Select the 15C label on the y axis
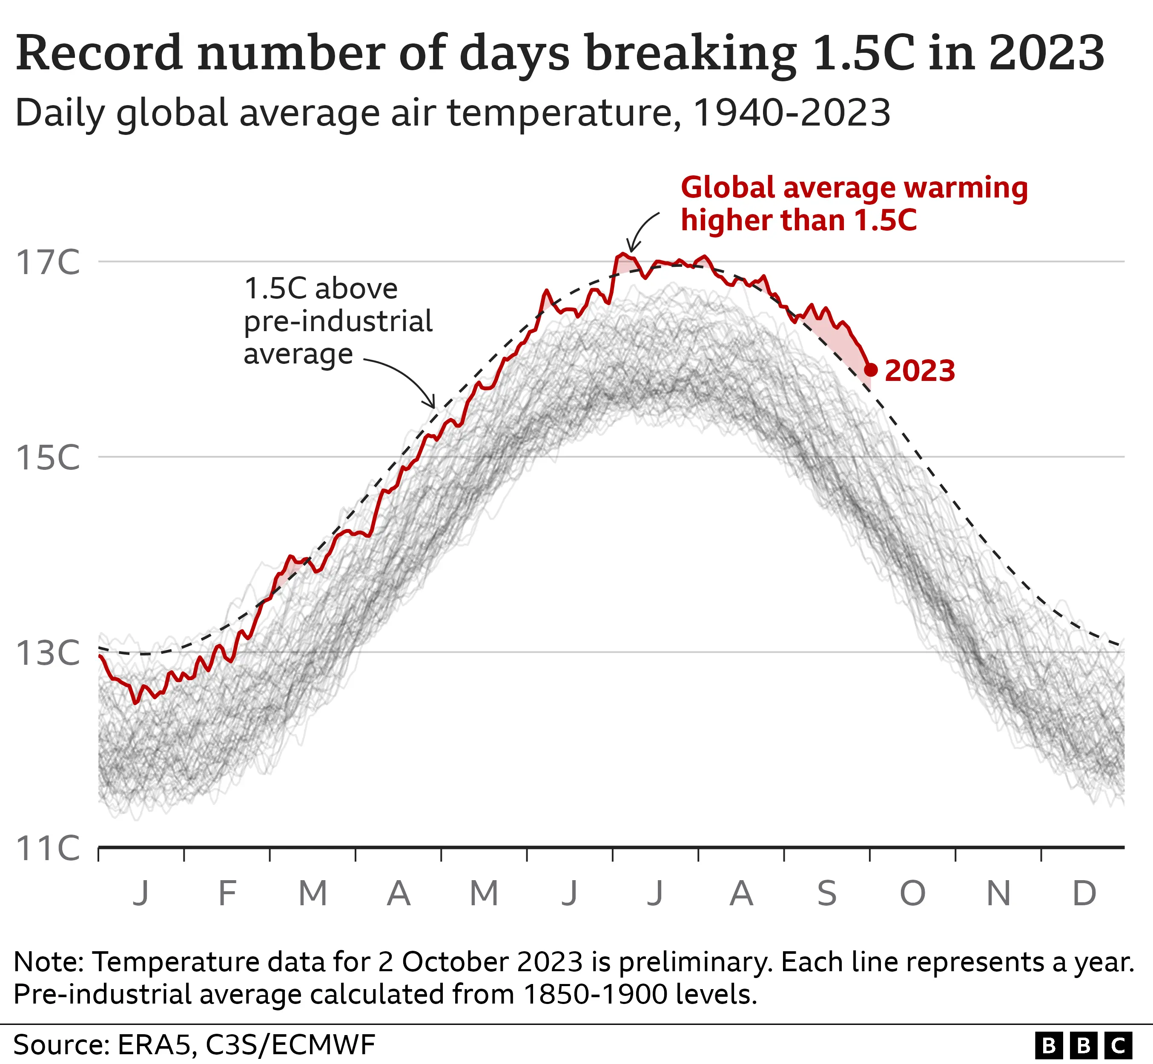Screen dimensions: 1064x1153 pos(47,458)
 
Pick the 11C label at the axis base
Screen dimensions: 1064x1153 pos(47,848)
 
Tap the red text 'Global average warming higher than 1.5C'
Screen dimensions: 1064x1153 pos(854,204)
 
